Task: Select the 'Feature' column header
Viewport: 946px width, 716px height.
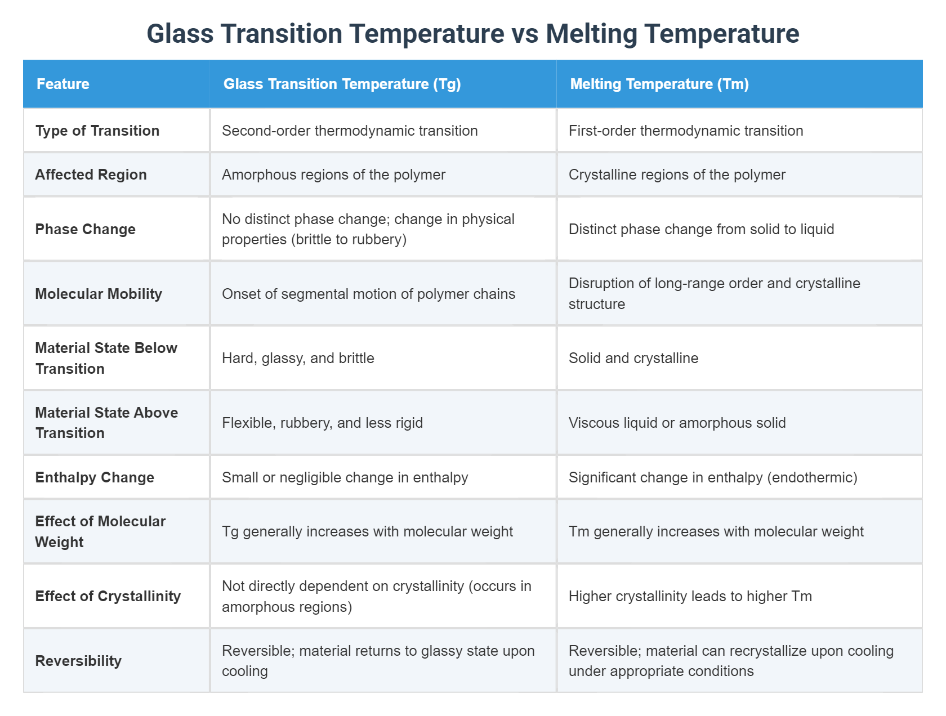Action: (x=63, y=84)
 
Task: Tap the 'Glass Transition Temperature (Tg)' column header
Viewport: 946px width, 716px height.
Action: (x=342, y=84)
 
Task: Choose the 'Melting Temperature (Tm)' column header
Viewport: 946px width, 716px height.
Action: (x=659, y=84)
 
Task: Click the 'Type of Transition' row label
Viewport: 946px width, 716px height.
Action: (x=97, y=131)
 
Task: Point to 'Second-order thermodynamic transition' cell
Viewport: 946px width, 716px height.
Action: (x=350, y=131)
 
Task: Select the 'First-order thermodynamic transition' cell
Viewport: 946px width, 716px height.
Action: (x=686, y=131)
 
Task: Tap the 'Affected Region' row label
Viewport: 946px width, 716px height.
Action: (x=91, y=174)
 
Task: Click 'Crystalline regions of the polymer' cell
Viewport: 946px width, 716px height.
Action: (x=677, y=174)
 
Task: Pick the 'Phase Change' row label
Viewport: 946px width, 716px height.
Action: (x=86, y=229)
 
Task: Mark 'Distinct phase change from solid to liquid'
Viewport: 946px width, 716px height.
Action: (x=701, y=229)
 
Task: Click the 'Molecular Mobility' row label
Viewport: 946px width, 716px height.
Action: (x=99, y=294)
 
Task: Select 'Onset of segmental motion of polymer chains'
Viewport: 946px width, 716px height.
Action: (x=368, y=294)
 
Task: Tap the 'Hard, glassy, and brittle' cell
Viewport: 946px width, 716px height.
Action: (x=298, y=358)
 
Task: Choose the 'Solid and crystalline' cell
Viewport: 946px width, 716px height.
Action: (x=633, y=358)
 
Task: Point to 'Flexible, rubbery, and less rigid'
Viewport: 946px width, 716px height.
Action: (x=322, y=423)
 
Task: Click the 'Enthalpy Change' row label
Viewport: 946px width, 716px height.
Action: (x=95, y=477)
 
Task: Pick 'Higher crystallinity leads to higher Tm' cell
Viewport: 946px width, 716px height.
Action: (x=690, y=596)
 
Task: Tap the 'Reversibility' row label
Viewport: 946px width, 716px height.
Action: (x=78, y=661)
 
